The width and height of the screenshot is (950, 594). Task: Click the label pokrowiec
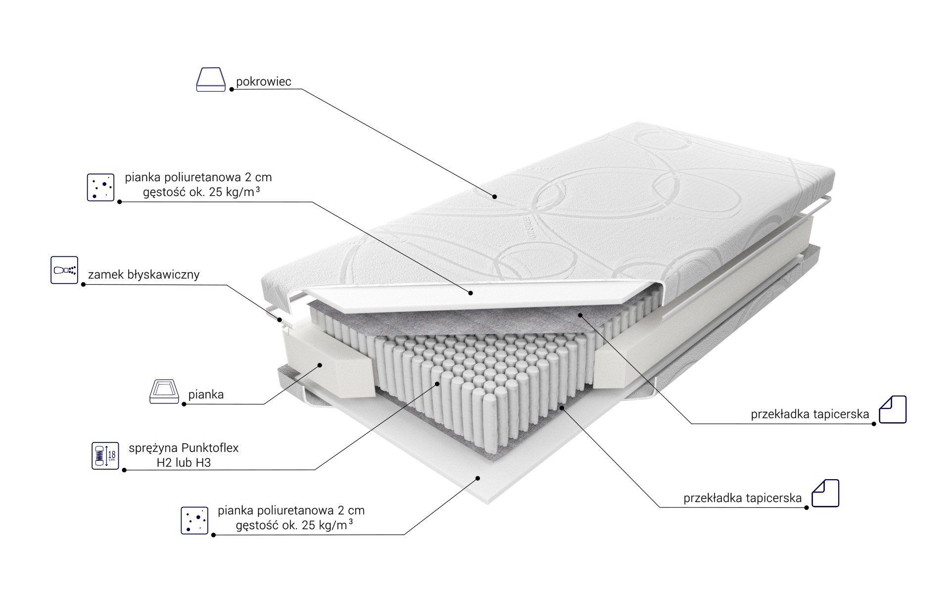[264, 82]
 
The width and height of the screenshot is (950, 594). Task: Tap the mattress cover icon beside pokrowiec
[211, 80]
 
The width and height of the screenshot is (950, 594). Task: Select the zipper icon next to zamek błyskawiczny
[64, 270]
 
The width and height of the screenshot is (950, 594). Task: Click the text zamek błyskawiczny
[143, 275]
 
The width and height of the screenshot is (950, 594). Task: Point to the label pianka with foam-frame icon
[206, 395]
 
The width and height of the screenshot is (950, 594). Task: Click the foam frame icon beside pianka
[164, 392]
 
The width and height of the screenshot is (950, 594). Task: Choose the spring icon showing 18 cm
[105, 455]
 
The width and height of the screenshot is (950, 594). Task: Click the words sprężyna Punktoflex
[184, 448]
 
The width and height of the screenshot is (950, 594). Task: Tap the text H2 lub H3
[184, 463]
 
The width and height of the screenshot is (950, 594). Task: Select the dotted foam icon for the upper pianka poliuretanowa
[100, 187]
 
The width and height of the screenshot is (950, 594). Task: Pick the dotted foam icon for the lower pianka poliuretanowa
[194, 520]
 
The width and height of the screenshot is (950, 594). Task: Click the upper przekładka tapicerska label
[810, 414]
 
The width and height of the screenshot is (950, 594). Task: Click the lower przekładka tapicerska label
[743, 498]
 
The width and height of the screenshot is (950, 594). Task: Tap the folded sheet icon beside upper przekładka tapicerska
[893, 409]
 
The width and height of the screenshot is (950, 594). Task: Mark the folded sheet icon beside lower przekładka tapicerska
[825, 493]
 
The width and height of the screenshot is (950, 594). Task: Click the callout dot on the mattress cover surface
[495, 197]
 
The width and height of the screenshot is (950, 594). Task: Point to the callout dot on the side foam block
[320, 365]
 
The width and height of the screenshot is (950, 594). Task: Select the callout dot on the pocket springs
[437, 383]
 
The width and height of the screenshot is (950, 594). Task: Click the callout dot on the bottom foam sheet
[478, 478]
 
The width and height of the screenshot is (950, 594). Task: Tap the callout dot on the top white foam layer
[471, 293]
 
